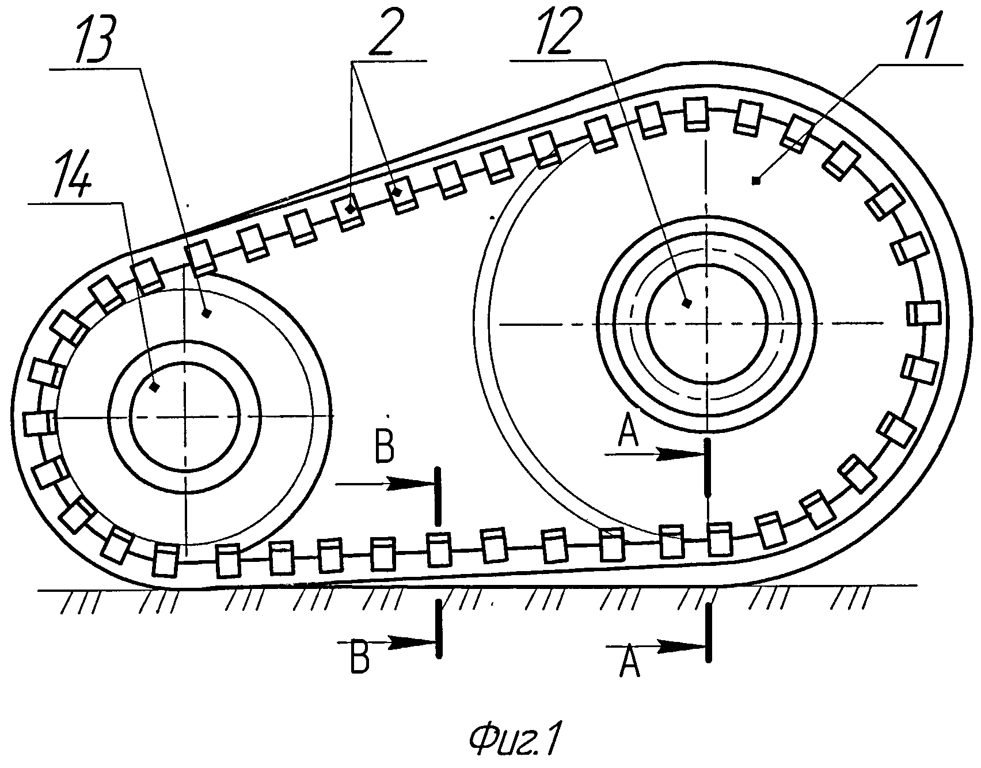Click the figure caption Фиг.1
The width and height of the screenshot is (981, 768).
tap(514, 741)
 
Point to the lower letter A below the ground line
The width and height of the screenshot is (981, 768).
tap(629, 662)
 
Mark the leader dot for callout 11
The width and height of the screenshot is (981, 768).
tap(756, 181)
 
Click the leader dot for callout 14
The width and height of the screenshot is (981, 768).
tap(154, 388)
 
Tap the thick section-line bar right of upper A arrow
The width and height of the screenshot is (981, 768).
tap(707, 466)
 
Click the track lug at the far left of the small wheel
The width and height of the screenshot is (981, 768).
tap(39, 423)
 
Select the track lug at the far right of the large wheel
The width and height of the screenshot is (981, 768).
tap(923, 314)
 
